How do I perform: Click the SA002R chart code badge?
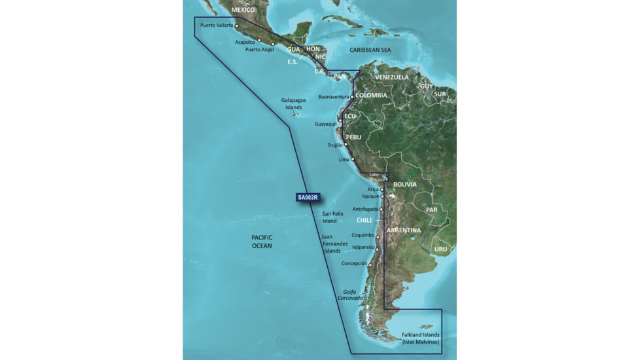307,197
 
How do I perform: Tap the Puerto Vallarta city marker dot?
237,27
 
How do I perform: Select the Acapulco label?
245,42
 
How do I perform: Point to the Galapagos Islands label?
294,103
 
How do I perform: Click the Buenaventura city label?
333,97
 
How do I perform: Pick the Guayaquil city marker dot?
340,121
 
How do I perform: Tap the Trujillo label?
335,145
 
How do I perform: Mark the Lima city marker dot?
353,159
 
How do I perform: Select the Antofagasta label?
366,209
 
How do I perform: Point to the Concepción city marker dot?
370,265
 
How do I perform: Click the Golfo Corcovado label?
349,295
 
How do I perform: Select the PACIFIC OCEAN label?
262,242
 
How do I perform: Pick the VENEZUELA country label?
391,77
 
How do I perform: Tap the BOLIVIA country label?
404,185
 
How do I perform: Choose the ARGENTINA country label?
403,230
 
